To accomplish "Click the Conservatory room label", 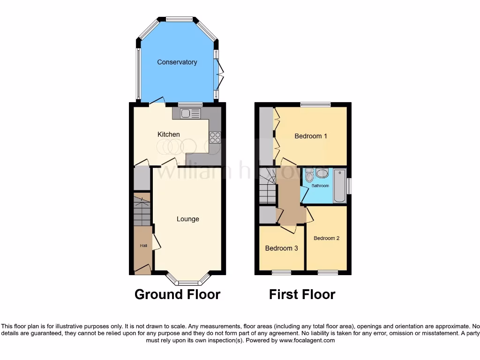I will pyautogui.click(x=177, y=62).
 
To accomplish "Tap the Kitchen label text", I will pyautogui.click(x=168, y=135).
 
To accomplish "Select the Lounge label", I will pyautogui.click(x=187, y=219).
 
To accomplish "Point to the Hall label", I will pyautogui.click(x=142, y=246).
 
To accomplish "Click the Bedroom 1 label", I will pyautogui.click(x=310, y=136).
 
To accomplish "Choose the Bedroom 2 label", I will pyautogui.click(x=326, y=238).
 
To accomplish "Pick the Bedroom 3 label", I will pyautogui.click(x=281, y=248).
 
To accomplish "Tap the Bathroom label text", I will pyautogui.click(x=321, y=186).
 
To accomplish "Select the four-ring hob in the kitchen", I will pyautogui.click(x=215, y=137).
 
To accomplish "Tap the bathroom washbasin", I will pyautogui.click(x=322, y=173).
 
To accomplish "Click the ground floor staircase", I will pyautogui.click(x=142, y=210).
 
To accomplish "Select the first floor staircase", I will pyautogui.click(x=267, y=193).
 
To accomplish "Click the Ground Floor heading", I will pyautogui.click(x=177, y=294).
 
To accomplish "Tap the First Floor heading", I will pyautogui.click(x=302, y=294).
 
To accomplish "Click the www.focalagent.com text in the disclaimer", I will pyautogui.click(x=307, y=340).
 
